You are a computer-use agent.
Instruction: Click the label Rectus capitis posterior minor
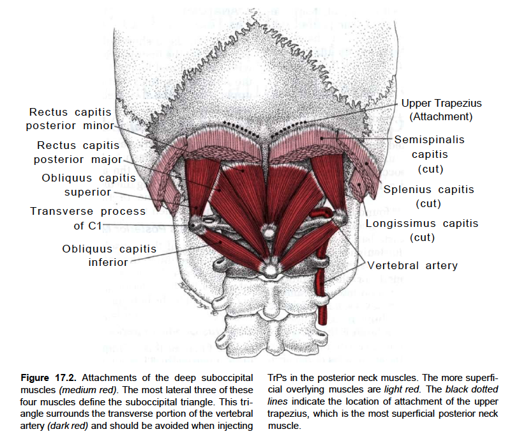70,118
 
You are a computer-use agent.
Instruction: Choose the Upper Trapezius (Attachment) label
441,109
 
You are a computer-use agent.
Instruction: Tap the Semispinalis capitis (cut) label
430,153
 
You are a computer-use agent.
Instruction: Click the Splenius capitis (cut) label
428,196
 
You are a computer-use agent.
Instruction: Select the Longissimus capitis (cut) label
421,230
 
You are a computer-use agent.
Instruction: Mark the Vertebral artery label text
411,265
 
